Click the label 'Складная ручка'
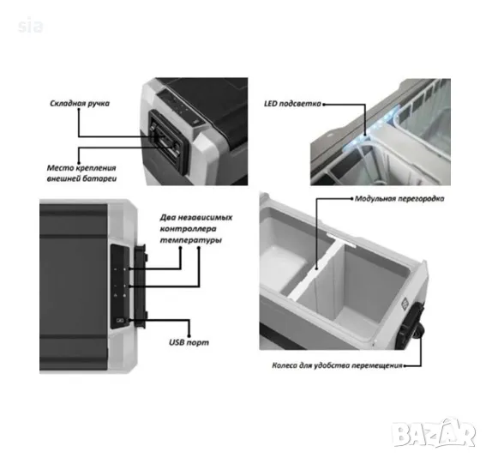click(80, 103)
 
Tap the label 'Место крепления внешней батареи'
click(81, 173)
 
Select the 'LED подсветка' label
click(292, 104)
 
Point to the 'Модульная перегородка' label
click(399, 198)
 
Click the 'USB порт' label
click(189, 342)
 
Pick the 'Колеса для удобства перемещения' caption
click(337, 365)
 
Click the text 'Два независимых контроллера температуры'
click(196, 229)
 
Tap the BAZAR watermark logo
click(434, 433)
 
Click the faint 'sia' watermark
click(30, 26)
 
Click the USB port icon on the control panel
click(120, 320)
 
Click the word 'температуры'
click(191, 240)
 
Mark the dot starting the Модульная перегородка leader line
click(351, 198)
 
